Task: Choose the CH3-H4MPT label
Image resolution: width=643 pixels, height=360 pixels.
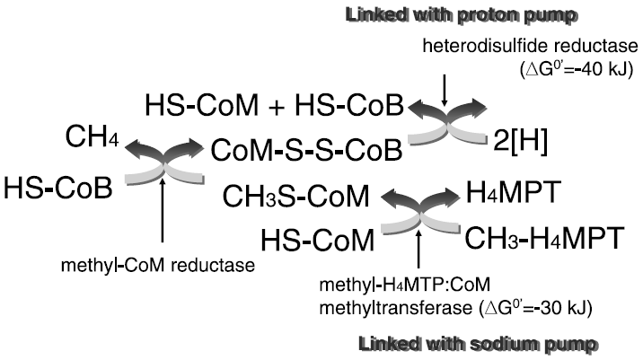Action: [543, 239]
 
